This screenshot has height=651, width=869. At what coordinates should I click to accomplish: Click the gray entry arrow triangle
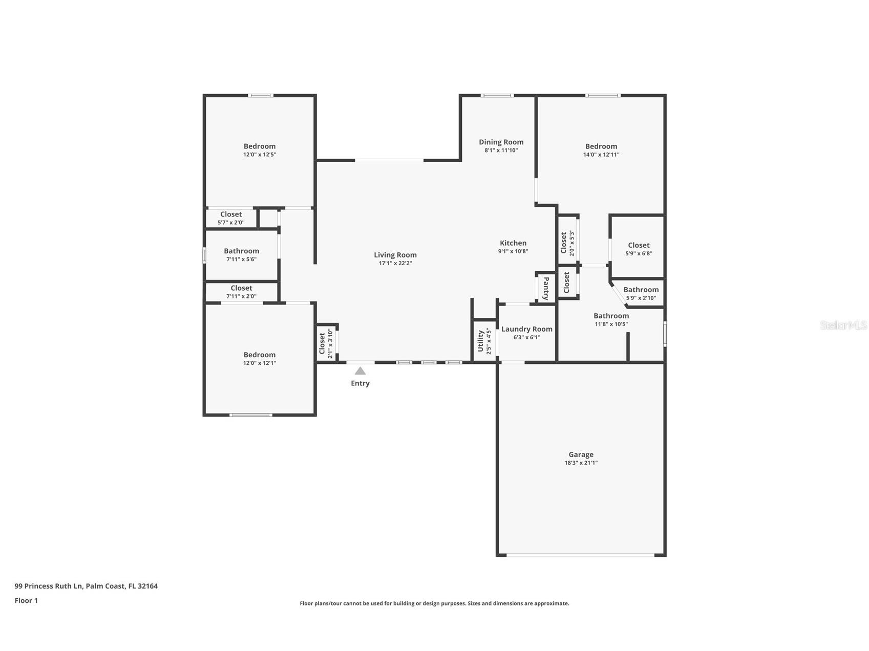[x=360, y=371]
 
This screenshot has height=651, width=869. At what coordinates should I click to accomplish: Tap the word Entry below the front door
[x=360, y=383]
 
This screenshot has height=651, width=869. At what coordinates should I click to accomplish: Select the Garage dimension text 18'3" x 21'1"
[x=581, y=463]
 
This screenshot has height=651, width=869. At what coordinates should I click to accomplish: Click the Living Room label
[x=395, y=255]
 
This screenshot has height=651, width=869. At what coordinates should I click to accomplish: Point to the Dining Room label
[x=501, y=142]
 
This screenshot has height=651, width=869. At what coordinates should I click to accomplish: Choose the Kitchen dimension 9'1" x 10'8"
[x=513, y=251]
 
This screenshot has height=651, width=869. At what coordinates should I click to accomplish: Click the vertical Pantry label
[x=546, y=288]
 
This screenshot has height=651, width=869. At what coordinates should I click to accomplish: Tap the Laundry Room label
[x=526, y=329]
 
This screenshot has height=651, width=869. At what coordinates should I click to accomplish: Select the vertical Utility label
[x=481, y=341]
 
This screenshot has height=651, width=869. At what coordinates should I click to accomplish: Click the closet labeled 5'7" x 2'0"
[x=231, y=218]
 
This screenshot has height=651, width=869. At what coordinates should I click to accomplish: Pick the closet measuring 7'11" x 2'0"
[x=241, y=292]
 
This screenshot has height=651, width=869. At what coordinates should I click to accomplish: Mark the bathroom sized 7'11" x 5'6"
[x=241, y=254]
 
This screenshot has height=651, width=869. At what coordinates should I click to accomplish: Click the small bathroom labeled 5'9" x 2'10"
[x=641, y=293]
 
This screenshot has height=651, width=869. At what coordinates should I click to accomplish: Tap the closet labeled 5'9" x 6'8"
[x=639, y=249]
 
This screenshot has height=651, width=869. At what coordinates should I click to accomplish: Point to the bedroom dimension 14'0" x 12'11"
[x=601, y=155]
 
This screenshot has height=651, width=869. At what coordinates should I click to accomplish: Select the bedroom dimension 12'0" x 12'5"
[x=260, y=155]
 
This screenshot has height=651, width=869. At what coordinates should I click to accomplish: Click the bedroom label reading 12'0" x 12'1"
[x=260, y=363]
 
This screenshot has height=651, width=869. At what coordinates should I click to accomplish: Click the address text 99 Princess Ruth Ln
[x=49, y=586]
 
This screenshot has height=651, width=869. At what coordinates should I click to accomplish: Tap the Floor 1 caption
[x=26, y=600]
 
